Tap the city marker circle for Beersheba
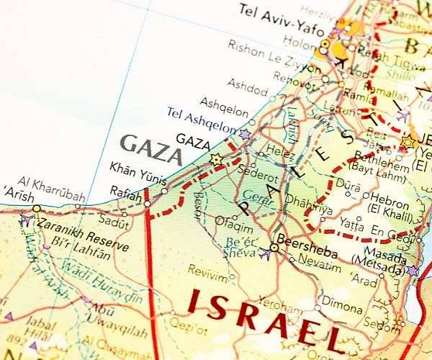click(x=274, y=248)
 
